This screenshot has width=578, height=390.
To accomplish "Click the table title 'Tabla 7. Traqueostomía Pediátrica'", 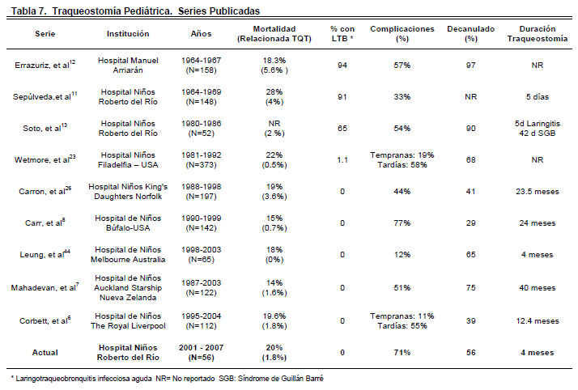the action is point(91,11).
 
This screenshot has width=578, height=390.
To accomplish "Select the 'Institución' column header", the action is point(128,33).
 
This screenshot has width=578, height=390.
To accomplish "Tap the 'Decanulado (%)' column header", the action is point(470,33).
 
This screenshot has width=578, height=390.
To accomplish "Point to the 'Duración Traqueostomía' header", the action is point(537,33).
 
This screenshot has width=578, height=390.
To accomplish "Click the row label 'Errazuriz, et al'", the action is point(45,65).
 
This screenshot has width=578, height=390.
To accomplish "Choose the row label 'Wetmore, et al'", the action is point(45,159).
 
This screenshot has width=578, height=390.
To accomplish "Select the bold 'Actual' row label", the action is point(45,353).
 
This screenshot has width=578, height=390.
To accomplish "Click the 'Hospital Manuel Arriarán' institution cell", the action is point(128,66).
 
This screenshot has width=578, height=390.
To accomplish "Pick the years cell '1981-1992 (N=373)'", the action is point(202,160).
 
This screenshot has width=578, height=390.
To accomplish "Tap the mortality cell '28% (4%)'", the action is point(274,97).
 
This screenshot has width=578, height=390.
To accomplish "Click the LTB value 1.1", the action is point(342,160).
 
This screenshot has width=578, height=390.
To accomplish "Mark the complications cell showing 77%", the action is point(402,223).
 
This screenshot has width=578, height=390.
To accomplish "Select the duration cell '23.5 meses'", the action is point(537,192).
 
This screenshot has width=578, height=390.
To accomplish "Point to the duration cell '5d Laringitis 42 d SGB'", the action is point(537,128).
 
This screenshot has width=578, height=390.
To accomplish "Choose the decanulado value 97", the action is point(470,66).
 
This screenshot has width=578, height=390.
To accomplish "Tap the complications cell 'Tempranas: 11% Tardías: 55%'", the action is point(402,320).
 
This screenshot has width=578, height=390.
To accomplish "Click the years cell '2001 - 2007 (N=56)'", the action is point(202,353).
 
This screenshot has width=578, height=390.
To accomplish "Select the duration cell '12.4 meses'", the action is point(537,321).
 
